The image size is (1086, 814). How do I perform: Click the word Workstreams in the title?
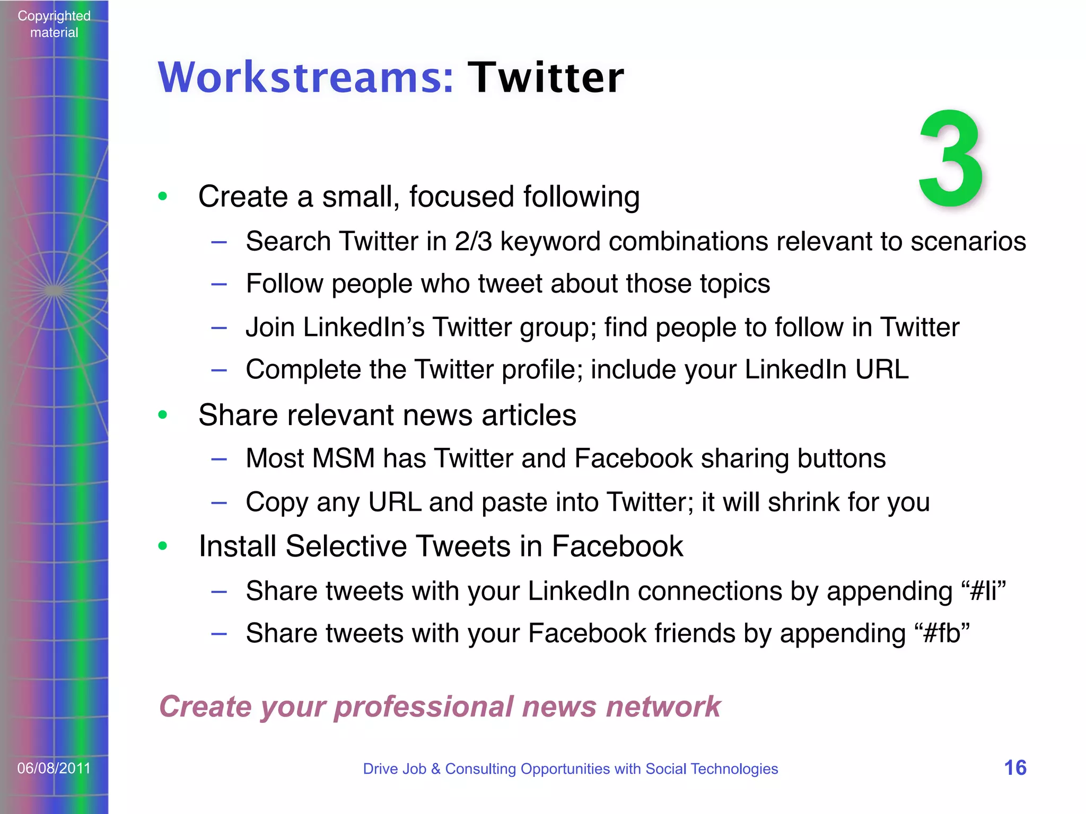tap(305, 78)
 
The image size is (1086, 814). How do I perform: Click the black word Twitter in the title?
tap(546, 78)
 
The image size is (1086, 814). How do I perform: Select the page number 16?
tap(1015, 768)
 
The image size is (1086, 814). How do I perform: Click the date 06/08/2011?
tap(54, 768)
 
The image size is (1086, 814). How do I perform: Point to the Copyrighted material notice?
tap(54, 24)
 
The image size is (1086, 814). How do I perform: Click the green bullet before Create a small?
tap(163, 197)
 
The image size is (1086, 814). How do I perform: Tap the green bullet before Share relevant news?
tap(163, 414)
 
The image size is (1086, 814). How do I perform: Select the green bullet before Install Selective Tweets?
tap(163, 546)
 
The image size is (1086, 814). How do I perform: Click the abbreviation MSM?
tap(343, 458)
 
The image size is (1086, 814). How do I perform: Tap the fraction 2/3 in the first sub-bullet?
tap(473, 242)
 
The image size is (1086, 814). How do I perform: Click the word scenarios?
tap(968, 242)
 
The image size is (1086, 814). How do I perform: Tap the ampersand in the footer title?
tap(435, 768)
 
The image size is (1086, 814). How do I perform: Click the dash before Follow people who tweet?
tap(219, 285)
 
